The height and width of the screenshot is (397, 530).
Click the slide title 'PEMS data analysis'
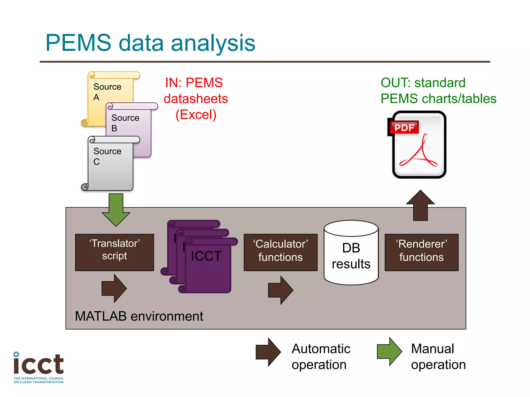pyautogui.click(x=150, y=43)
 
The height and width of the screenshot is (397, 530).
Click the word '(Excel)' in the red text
pyautogui.click(x=196, y=115)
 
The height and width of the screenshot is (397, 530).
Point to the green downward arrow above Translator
pyautogui.click(x=116, y=209)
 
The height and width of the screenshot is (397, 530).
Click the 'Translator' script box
pyautogui.click(x=114, y=252)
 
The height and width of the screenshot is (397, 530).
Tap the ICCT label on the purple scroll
pyautogui.click(x=206, y=256)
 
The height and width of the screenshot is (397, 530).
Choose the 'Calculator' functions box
pyautogui.click(x=281, y=252)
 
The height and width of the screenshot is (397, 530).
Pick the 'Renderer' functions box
pyautogui.click(x=421, y=252)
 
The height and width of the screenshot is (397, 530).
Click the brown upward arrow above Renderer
pyautogui.click(x=420, y=206)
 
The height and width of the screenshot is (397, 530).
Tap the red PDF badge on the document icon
pyautogui.click(x=404, y=127)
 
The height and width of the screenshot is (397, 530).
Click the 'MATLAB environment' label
pyautogui.click(x=139, y=316)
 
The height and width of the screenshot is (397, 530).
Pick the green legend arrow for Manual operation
pyautogui.click(x=389, y=352)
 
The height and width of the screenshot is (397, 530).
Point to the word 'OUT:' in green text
pyautogui.click(x=396, y=83)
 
